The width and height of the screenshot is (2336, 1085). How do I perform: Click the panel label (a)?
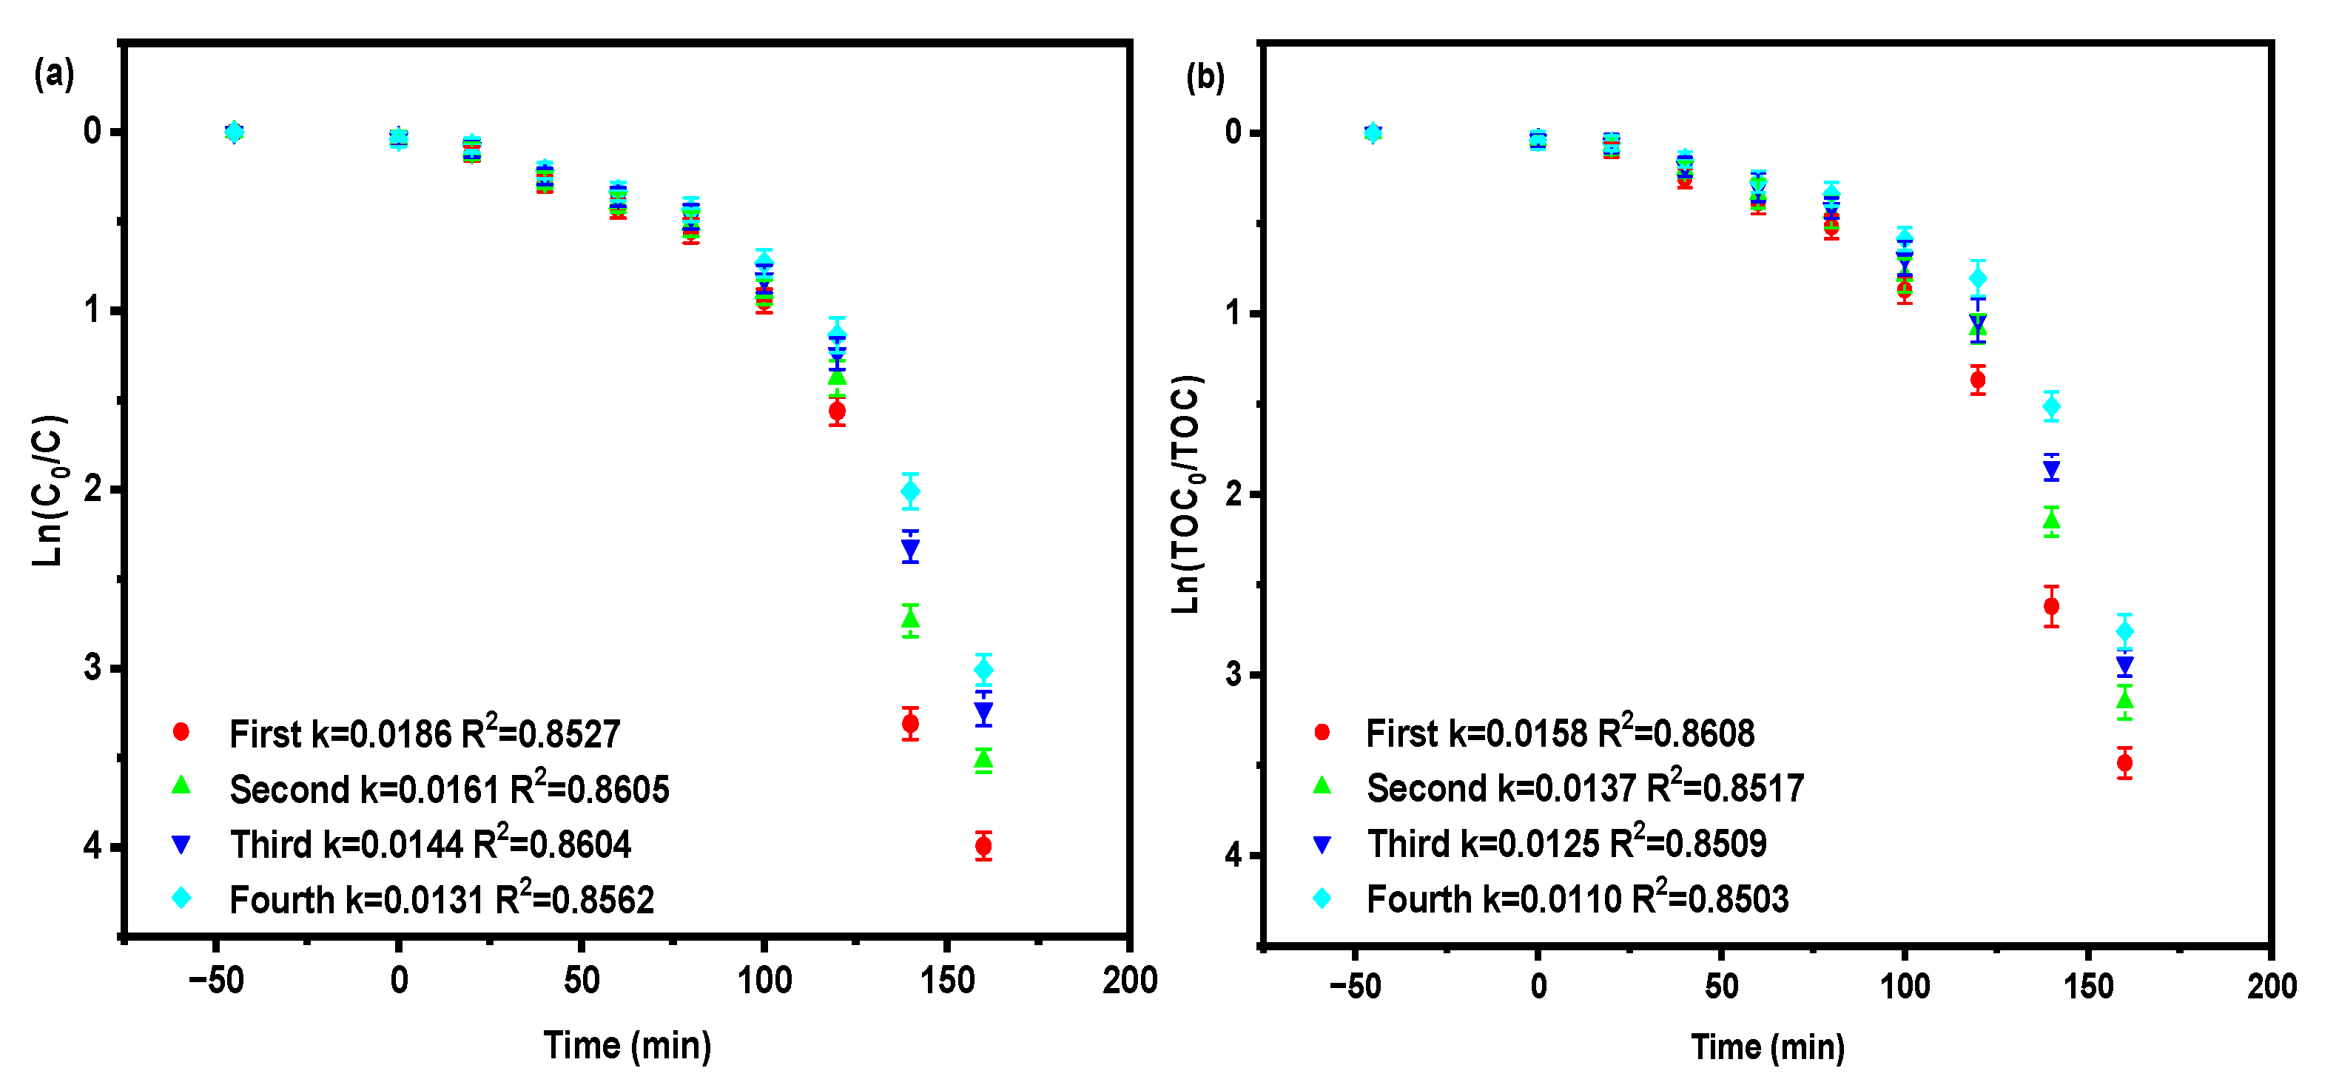click(53, 73)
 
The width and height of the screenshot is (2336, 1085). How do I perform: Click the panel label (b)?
click(1205, 77)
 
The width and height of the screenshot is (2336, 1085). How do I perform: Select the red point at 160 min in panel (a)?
click(983, 845)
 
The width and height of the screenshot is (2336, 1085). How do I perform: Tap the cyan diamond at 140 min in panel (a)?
click(910, 491)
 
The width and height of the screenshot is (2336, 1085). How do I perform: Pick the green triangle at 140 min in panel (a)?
click(910, 619)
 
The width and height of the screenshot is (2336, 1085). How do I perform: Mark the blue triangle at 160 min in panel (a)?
click(983, 711)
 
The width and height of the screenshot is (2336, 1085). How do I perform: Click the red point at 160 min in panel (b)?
click(2124, 763)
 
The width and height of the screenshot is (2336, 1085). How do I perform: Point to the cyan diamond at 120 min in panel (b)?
click(1978, 278)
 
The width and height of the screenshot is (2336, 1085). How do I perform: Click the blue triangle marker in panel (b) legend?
click(1322, 844)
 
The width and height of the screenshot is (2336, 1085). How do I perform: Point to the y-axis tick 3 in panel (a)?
click(92, 668)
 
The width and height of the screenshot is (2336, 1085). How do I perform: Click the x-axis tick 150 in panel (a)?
click(946, 980)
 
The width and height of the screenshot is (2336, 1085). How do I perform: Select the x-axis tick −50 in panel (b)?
click(1355, 985)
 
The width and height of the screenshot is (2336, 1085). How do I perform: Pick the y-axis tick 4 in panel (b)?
click(1233, 855)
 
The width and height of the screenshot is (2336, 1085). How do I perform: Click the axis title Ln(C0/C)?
click(48, 491)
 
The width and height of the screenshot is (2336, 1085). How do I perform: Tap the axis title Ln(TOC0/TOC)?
click(1186, 494)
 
